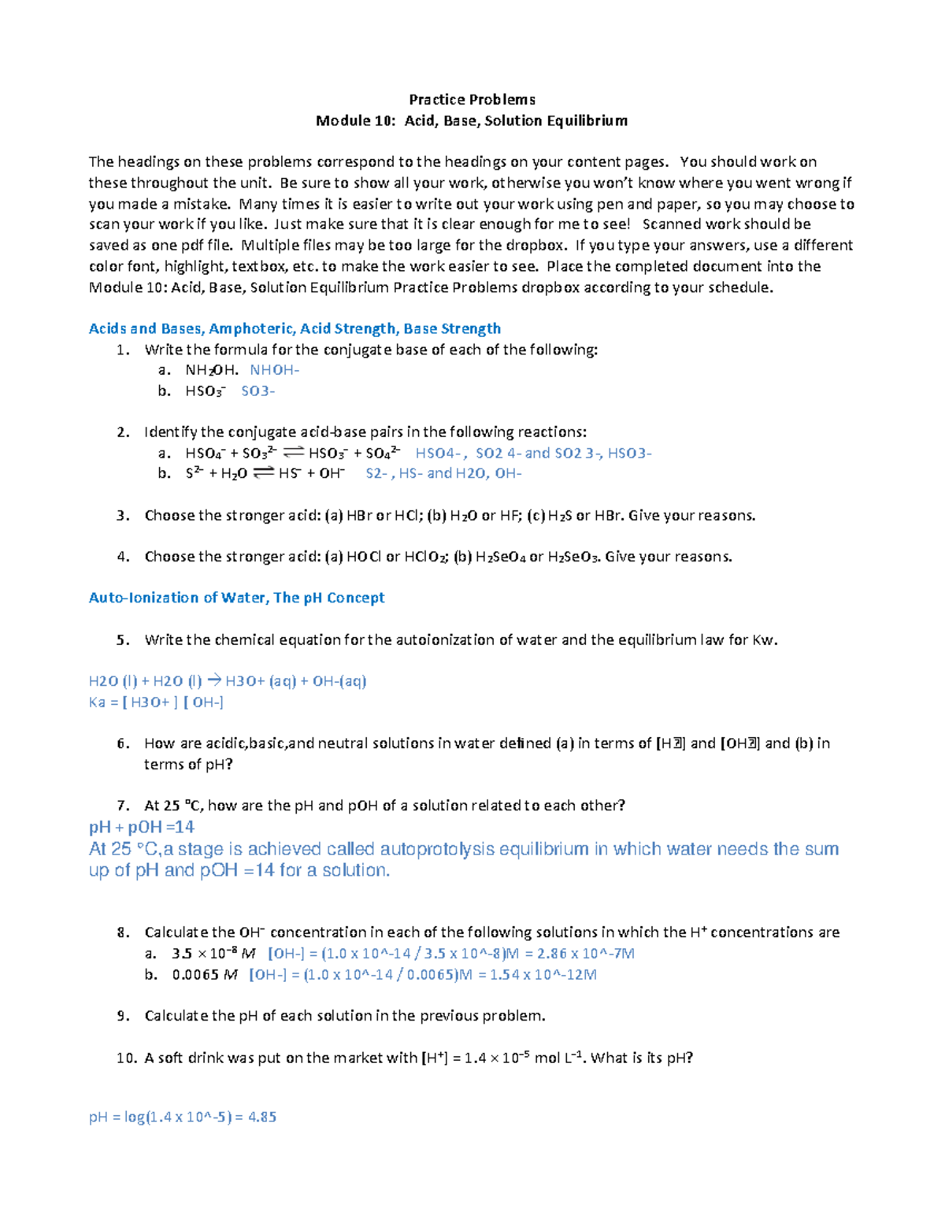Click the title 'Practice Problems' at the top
click(472, 99)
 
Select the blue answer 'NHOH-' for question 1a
click(274, 370)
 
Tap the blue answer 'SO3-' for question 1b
click(258, 391)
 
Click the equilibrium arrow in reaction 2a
click(293, 452)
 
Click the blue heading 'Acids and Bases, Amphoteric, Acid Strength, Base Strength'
click(295, 328)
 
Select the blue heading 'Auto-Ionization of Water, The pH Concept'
click(236, 597)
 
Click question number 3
click(122, 515)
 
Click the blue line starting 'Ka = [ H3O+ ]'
click(156, 702)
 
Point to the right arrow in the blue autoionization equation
click(213, 680)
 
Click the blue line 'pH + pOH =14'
click(142, 827)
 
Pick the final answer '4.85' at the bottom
click(261, 1117)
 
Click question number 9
click(122, 1016)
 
